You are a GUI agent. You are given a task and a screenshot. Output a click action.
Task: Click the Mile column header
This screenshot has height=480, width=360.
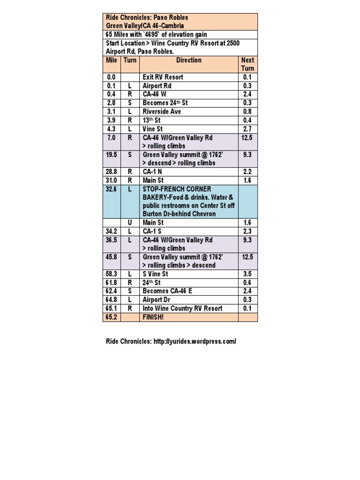[112, 60]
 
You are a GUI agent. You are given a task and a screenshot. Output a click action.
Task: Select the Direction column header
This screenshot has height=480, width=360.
[189, 60]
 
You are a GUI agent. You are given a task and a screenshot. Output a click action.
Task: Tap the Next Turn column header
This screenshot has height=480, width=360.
[247, 64]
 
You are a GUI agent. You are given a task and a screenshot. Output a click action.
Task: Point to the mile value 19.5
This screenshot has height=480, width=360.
[112, 155]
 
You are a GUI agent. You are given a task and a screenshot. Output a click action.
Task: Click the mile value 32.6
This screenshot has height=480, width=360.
[112, 189]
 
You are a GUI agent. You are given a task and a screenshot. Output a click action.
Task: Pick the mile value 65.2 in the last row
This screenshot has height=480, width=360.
[112, 317]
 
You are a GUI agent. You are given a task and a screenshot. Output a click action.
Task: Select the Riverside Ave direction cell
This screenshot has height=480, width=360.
[162, 112]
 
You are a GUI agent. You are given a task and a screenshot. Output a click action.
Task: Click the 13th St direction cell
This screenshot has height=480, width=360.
[152, 120]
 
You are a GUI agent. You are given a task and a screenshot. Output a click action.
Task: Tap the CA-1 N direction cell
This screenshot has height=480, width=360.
[152, 172]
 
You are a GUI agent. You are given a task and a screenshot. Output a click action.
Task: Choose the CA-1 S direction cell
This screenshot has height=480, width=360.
[152, 232]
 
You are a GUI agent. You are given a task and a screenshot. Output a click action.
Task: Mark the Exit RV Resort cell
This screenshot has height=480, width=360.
[163, 77]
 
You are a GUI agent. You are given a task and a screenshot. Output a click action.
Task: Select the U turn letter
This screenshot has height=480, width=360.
[130, 223]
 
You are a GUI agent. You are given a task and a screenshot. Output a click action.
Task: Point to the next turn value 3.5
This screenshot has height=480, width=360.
[247, 274]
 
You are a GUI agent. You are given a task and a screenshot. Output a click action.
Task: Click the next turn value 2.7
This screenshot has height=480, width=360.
[247, 129]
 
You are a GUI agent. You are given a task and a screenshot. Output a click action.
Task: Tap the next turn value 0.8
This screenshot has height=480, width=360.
[247, 112]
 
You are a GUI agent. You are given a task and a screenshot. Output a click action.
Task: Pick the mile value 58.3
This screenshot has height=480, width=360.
[112, 274]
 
